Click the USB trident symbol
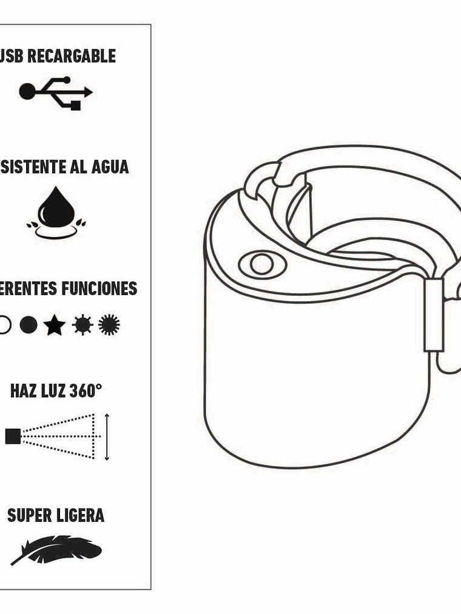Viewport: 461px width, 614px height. (x=56, y=93)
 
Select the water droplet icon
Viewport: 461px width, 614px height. (x=56, y=209)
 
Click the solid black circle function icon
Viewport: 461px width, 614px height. (x=28, y=325)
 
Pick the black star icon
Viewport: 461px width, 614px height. (x=55, y=325)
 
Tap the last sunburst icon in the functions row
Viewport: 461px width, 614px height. (x=109, y=325)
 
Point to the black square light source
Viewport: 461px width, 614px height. (x=13, y=436)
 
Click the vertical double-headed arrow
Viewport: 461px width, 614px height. (x=107, y=436)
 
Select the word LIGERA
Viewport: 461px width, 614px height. (x=80, y=515)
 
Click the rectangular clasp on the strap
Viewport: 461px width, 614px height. (x=434, y=315)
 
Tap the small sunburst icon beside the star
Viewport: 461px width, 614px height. (x=82, y=325)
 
